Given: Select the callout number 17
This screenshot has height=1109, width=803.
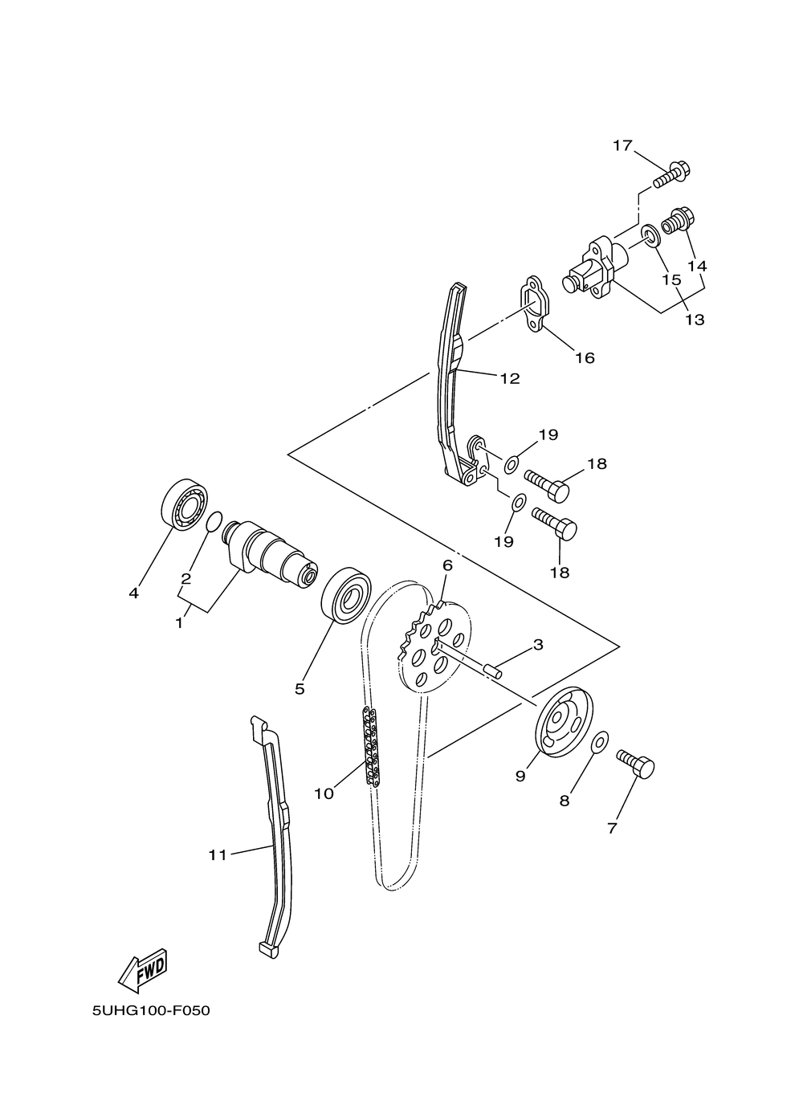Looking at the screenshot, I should click(622, 145).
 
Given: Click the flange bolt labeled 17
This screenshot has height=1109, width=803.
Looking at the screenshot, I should click(673, 173).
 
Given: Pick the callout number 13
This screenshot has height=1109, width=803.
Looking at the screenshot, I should click(695, 320).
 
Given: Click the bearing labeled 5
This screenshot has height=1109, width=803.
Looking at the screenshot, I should click(344, 595).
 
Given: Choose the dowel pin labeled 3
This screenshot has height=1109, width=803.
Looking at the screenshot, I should click(491, 670).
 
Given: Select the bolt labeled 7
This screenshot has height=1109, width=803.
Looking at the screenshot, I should click(637, 763).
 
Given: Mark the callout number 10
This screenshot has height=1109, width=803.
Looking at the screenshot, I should click(324, 793).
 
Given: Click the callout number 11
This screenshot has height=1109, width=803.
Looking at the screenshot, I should click(218, 855).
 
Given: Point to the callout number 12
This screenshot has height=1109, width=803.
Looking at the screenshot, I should click(510, 378).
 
